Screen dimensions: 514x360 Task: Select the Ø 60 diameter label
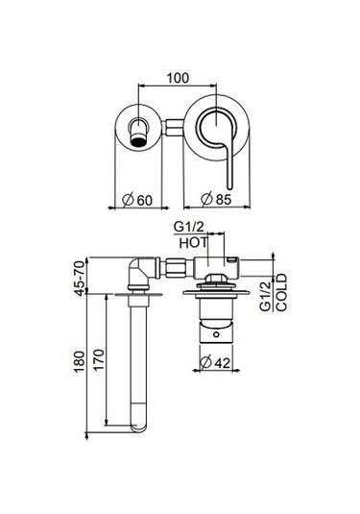[x=141, y=201]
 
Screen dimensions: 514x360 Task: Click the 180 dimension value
[x=78, y=361]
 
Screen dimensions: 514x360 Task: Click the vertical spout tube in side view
[x=137, y=355]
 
